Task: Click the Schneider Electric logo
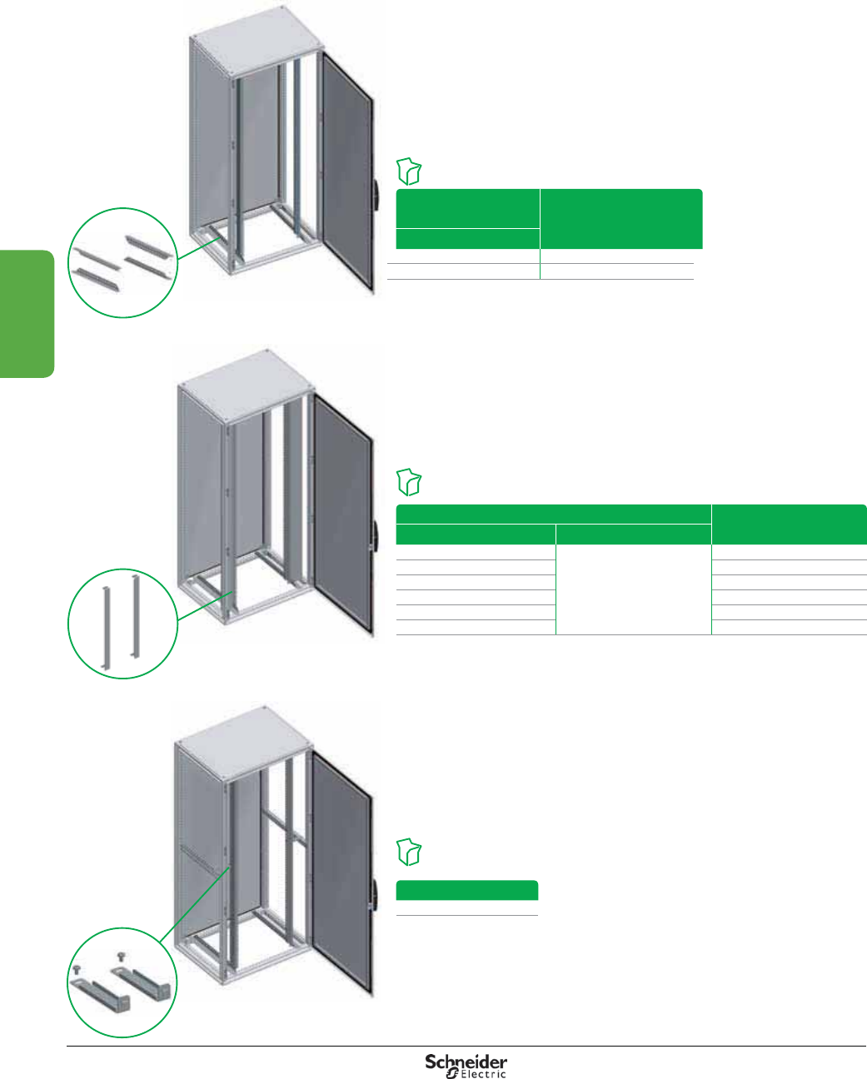point(466,1065)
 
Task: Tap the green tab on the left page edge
point(27,313)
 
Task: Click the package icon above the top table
point(410,171)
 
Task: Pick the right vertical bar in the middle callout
point(134,616)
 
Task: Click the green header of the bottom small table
point(466,890)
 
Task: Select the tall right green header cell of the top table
point(620,219)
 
